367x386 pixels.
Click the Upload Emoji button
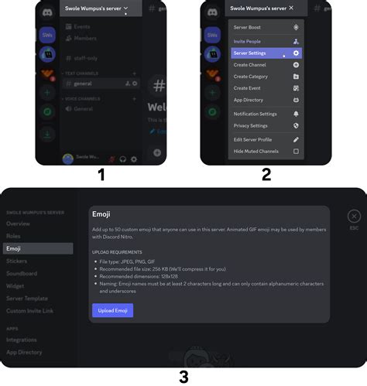coord(112,310)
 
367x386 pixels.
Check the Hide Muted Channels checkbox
coord(296,151)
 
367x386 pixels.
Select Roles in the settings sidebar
coord(13,236)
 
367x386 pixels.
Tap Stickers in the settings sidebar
coord(17,261)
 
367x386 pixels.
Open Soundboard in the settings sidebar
coord(21,273)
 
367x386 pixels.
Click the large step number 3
coord(183,377)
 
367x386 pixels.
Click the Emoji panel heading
coord(101,213)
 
